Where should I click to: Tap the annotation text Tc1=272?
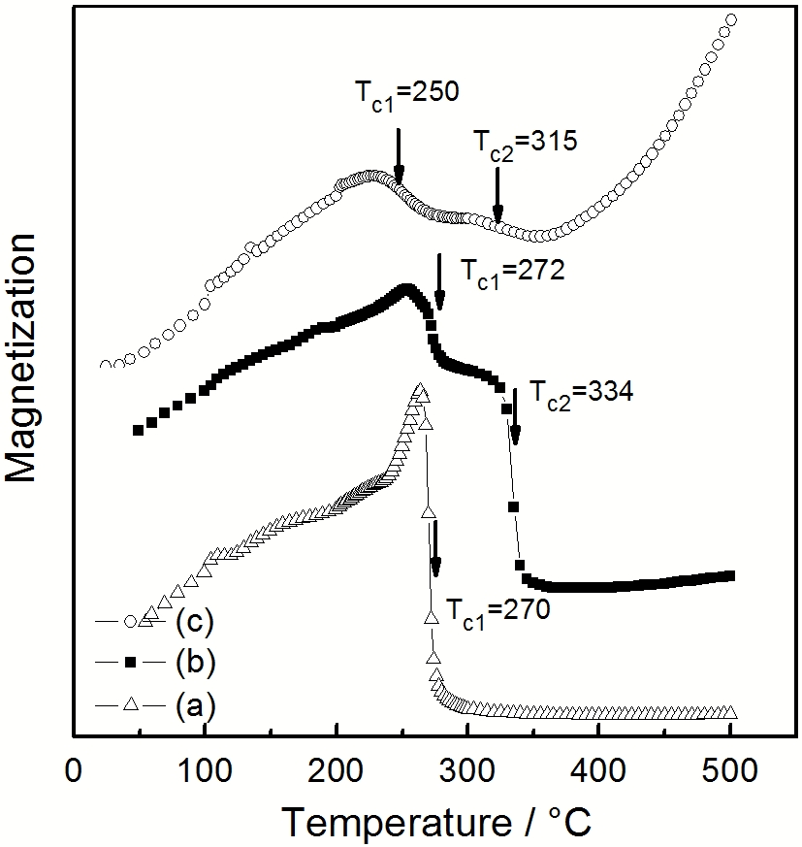pyautogui.click(x=510, y=270)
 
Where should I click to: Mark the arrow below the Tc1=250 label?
pyautogui.click(x=398, y=155)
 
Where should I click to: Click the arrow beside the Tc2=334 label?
pyautogui.click(x=515, y=417)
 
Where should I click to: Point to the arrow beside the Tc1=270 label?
pyautogui.click(x=435, y=548)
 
